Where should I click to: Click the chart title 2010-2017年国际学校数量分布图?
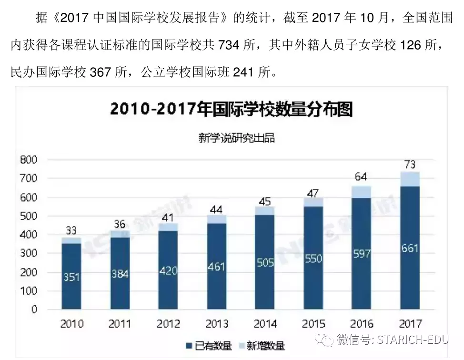coord(232,109)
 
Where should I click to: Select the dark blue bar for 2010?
coord(71,277)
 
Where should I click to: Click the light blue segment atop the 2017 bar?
coord(410,179)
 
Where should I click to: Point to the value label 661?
coord(410,248)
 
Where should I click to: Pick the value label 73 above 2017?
coord(410,165)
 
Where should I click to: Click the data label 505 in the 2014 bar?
coord(264,262)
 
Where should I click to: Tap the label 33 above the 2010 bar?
coord(71,231)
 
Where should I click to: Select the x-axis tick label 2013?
coord(216,324)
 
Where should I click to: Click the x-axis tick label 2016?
coord(362,324)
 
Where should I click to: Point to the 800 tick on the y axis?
coord(29,160)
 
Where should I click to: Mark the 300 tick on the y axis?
coord(29,253)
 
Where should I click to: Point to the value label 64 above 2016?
coord(362,177)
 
